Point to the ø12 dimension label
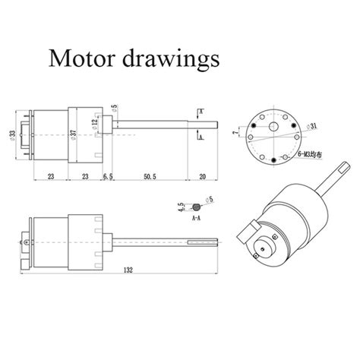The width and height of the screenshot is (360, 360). (x=95, y=123)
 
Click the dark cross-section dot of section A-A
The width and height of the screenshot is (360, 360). (x=197, y=207)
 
